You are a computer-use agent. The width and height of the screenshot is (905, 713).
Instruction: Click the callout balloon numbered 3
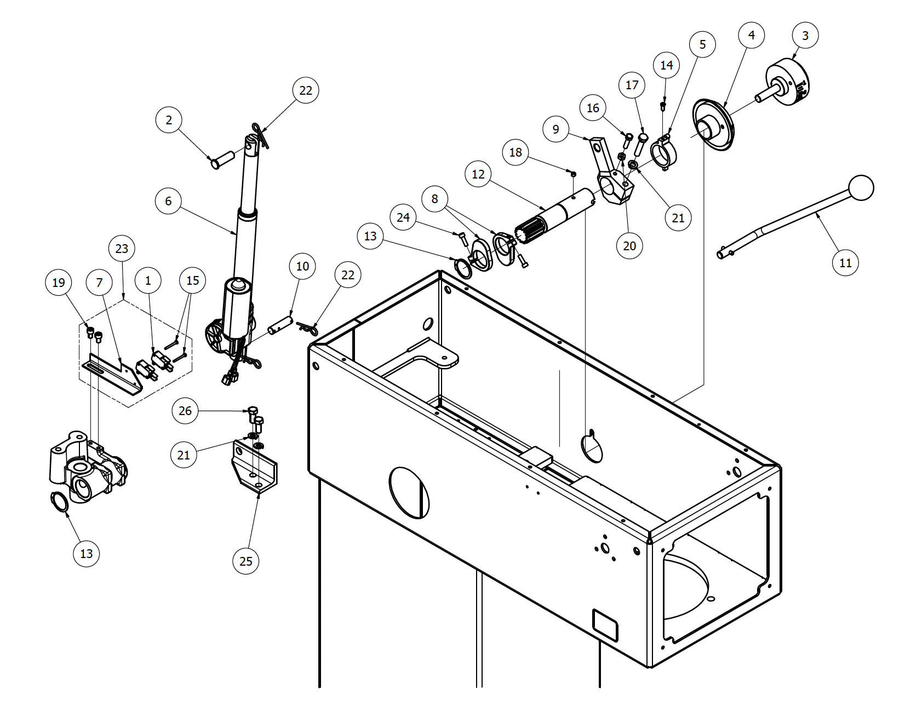click(805, 36)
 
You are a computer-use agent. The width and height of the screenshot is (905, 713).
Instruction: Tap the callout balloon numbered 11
click(845, 262)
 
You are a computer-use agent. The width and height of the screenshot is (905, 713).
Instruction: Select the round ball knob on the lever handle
click(861, 188)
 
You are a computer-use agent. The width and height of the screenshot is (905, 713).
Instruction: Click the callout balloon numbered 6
click(168, 201)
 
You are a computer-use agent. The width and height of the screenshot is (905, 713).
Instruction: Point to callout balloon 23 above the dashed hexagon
click(122, 249)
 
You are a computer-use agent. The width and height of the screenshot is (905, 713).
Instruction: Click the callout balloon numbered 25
click(246, 561)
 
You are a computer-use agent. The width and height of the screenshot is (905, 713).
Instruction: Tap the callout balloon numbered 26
click(185, 411)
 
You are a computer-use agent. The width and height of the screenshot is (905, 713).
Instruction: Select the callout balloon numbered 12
click(478, 174)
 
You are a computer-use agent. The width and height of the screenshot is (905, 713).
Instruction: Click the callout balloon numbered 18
click(515, 152)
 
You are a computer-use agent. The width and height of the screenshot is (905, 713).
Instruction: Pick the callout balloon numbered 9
click(556, 129)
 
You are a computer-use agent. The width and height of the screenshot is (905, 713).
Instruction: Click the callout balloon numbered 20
click(629, 245)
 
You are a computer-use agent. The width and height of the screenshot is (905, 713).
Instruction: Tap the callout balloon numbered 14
click(666, 65)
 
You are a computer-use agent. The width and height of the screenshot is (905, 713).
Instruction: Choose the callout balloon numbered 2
click(169, 119)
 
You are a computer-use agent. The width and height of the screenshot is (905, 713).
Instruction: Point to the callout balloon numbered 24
click(403, 217)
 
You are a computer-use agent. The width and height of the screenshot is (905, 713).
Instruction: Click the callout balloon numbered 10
click(302, 266)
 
